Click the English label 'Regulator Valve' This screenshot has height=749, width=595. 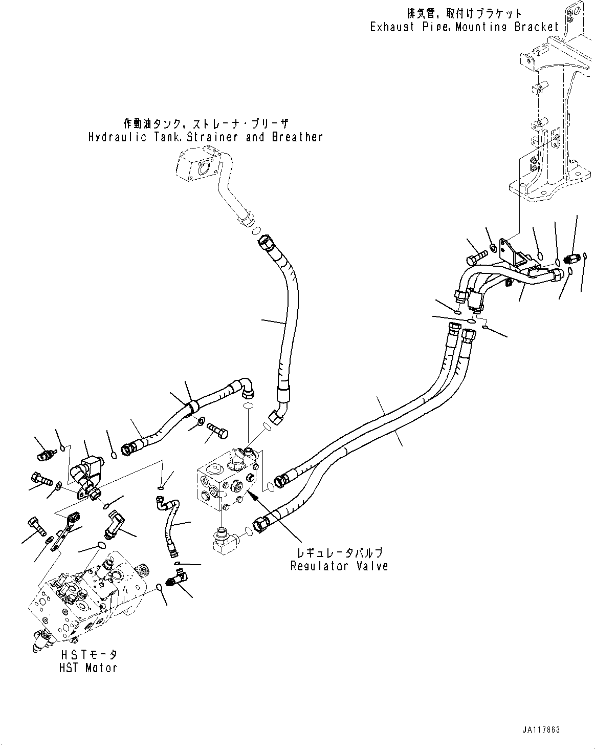click(x=339, y=566)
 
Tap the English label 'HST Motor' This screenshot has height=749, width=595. click(x=88, y=668)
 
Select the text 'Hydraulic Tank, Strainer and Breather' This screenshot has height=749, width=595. click(x=205, y=137)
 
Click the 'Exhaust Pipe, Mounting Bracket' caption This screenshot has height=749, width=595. click(x=465, y=27)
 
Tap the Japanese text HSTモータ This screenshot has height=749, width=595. click(x=89, y=655)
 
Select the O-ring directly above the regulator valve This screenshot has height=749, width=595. click(x=248, y=406)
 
